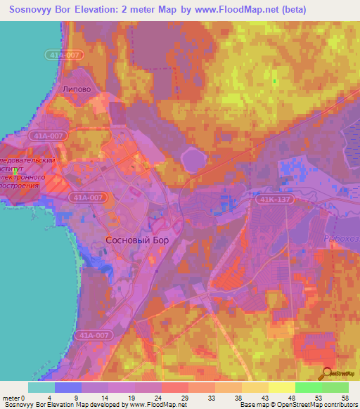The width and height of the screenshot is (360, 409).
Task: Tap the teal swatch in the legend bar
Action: tap(41, 387)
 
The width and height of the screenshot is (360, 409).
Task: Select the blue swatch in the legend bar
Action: tap(68, 387)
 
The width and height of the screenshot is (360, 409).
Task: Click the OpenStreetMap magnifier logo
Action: tap(327, 374)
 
